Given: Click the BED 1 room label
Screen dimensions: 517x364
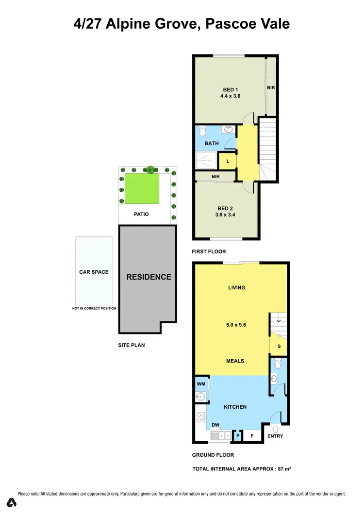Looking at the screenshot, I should pyautogui.click(x=230, y=89).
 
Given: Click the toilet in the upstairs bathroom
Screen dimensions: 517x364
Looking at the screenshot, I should pyautogui.click(x=203, y=131).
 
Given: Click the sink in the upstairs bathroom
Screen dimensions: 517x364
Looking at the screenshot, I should pyautogui.click(x=228, y=129).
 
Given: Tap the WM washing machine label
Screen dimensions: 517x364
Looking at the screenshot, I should pyautogui.click(x=201, y=384).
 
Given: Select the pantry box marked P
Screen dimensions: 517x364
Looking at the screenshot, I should pyautogui.click(x=238, y=436).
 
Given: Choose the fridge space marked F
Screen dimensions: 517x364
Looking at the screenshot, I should pyautogui.click(x=252, y=436).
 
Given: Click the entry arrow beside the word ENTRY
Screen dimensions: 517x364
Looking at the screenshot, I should pyautogui.click(x=276, y=429).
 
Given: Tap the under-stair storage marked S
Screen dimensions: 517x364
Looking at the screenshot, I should pyautogui.click(x=279, y=346).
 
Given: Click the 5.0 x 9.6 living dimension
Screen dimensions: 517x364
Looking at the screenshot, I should pyautogui.click(x=237, y=325).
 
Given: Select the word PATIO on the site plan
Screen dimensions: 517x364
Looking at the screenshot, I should pyautogui.click(x=141, y=214).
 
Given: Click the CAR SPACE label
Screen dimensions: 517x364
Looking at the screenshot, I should pyautogui.click(x=94, y=272).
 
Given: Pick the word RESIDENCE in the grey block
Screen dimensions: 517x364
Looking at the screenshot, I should pyautogui.click(x=149, y=277).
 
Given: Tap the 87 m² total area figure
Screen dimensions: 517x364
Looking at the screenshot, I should pyautogui.click(x=281, y=469).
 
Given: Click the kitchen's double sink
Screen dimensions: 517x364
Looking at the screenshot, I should pyautogui.click(x=220, y=436).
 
